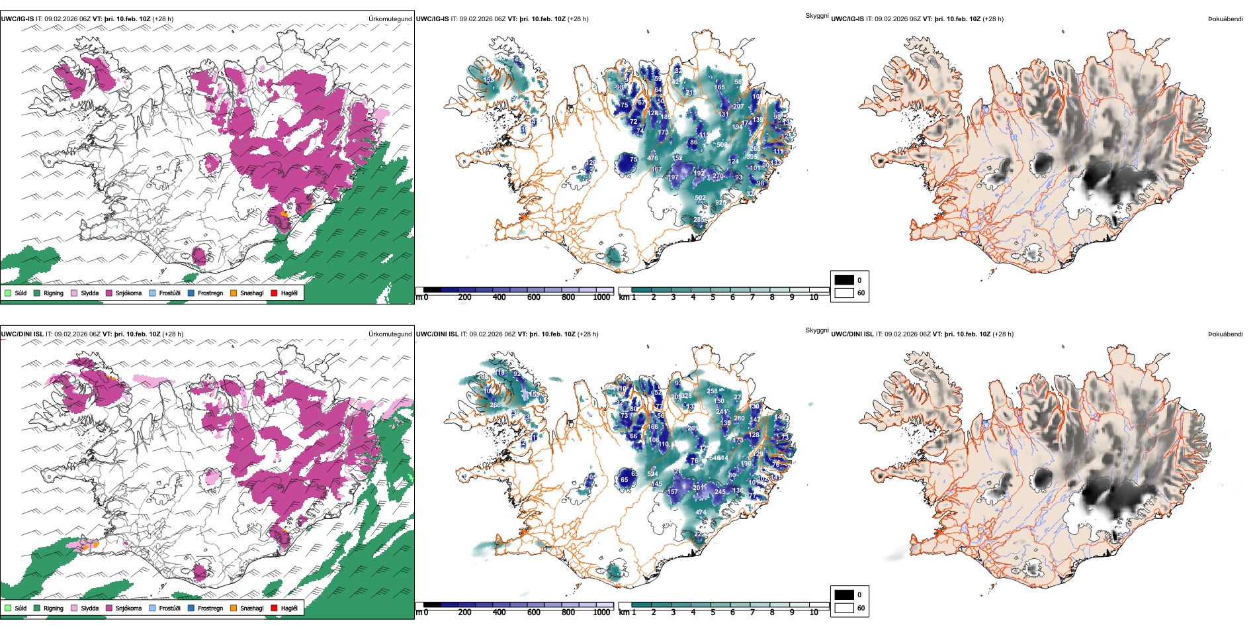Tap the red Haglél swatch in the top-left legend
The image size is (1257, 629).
pos(274,293)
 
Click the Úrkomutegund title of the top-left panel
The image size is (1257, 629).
pos(390,19)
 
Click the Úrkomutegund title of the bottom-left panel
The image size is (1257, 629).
pos(390,334)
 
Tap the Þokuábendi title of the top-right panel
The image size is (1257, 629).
pos(1225,19)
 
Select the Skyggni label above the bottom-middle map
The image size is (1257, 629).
pos(816,330)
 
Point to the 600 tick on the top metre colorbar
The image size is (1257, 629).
pos(533,297)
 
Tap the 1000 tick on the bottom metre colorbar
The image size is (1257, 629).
pos(601,612)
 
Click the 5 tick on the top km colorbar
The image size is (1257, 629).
pos(713,297)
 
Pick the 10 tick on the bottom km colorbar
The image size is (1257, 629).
pos(814,612)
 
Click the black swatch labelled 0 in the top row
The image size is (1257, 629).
pos(844,280)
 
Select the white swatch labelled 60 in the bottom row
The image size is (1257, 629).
pos(844,608)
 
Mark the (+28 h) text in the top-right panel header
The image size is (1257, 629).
pos(993,19)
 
